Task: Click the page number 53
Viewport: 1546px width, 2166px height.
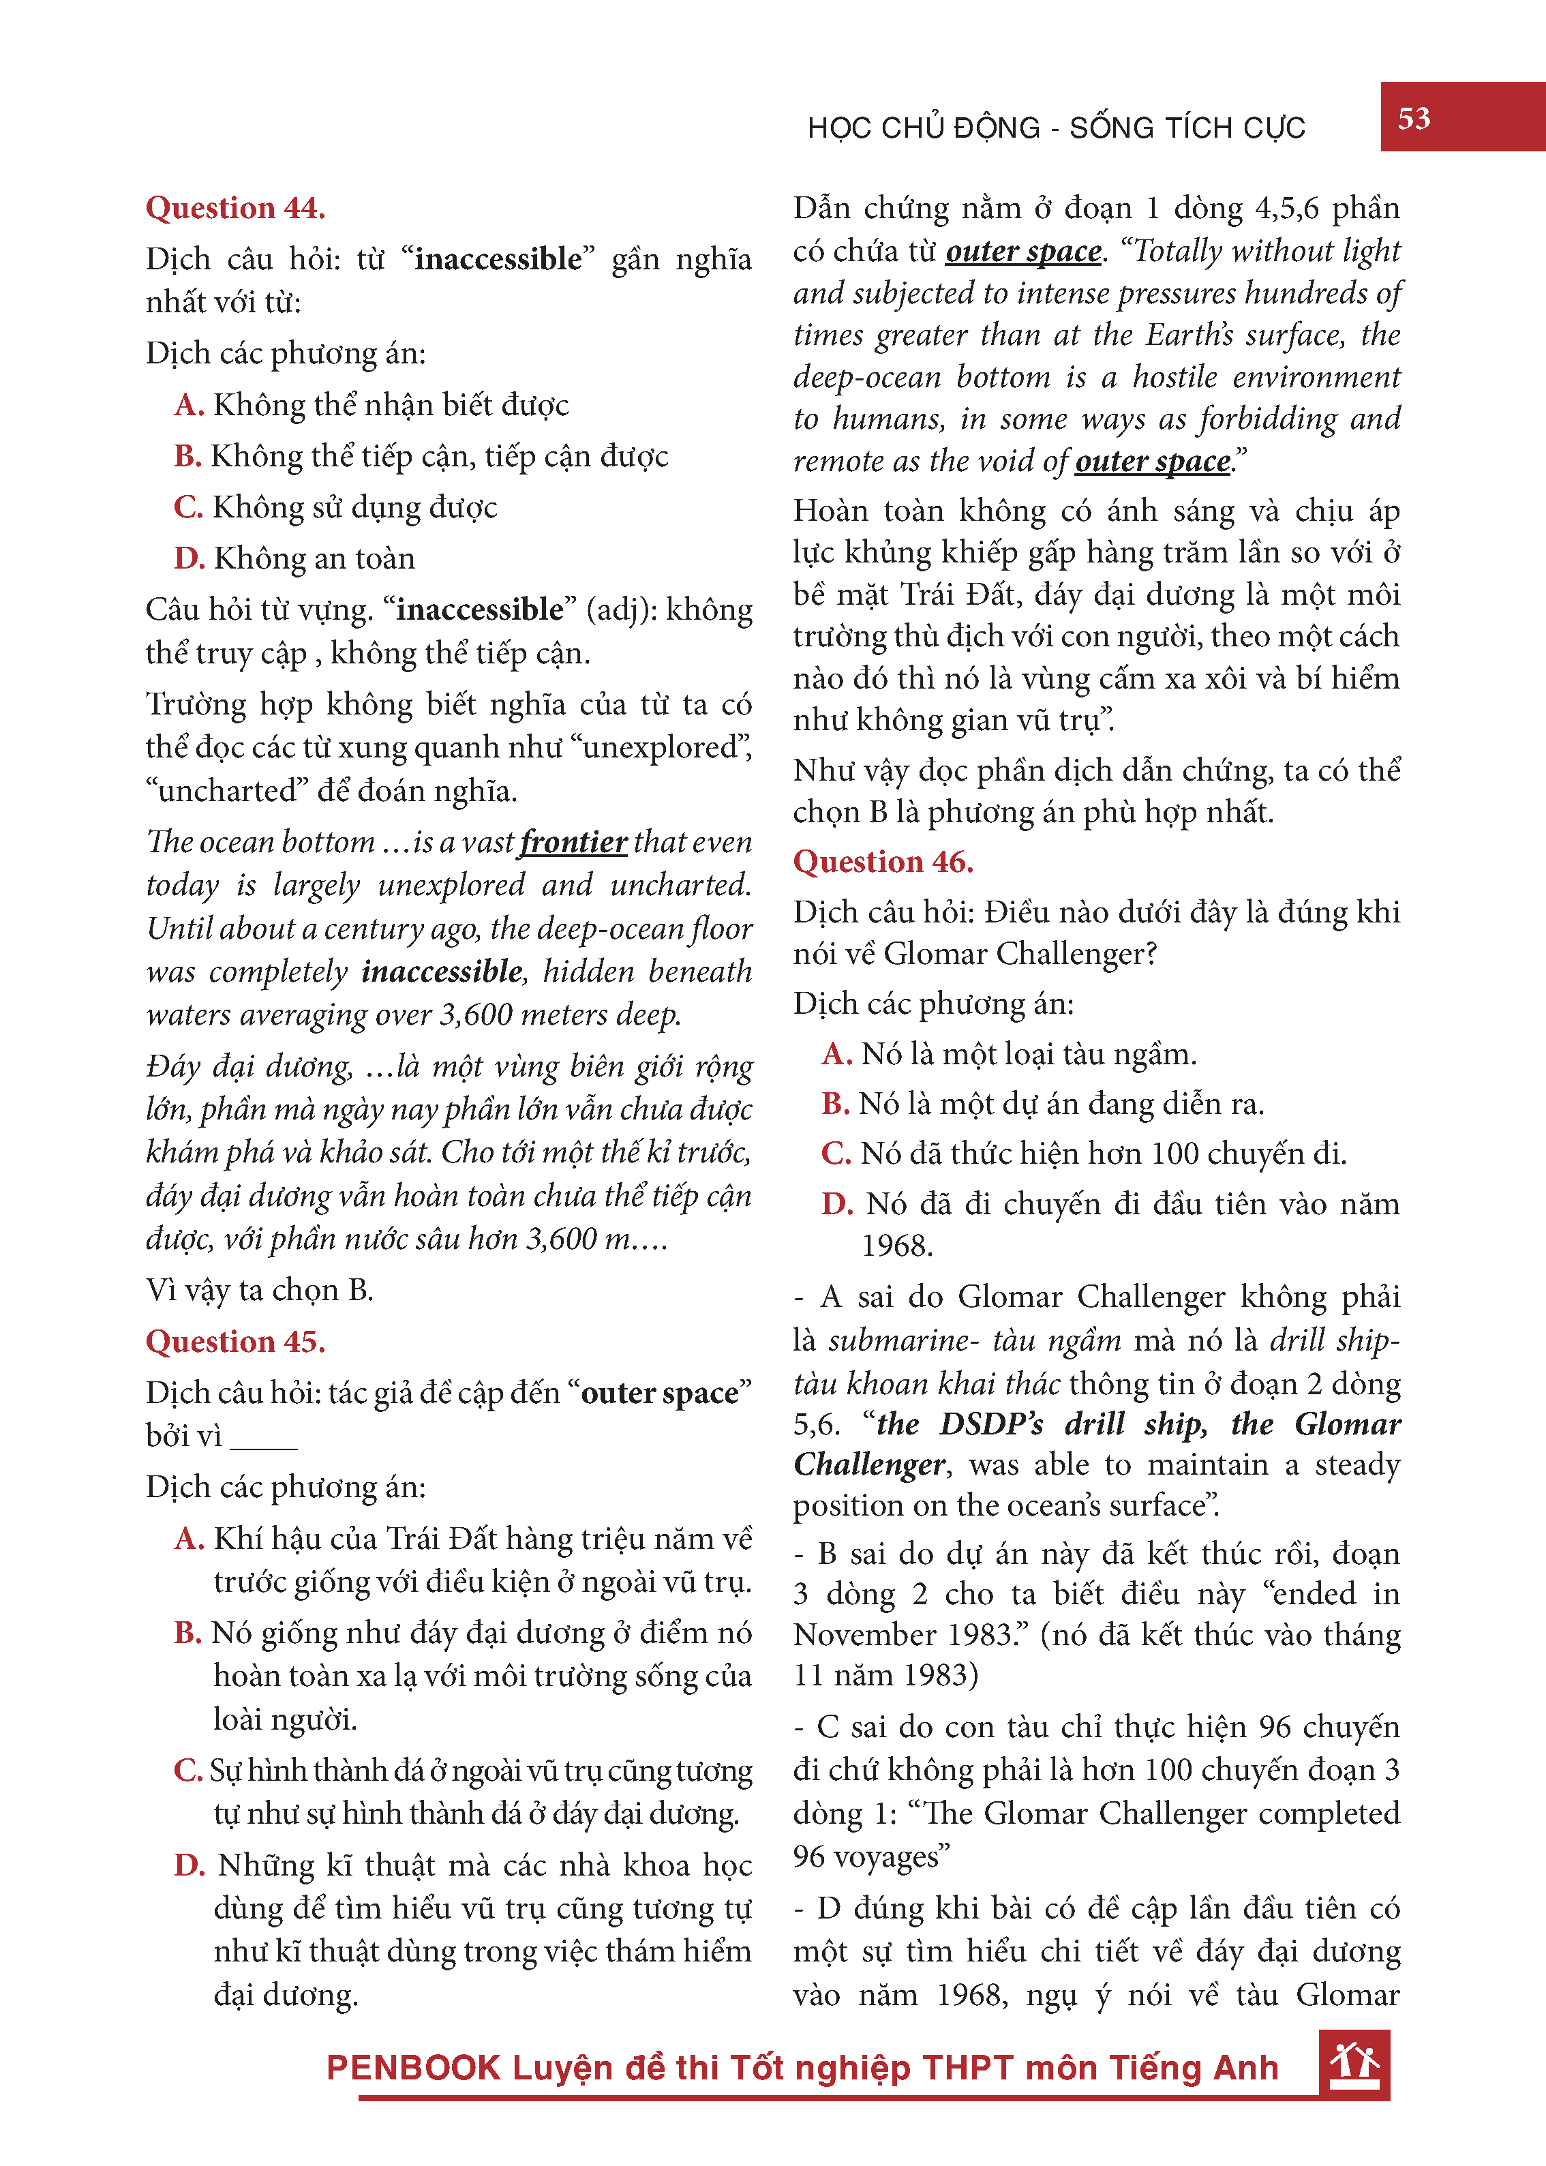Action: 1414,118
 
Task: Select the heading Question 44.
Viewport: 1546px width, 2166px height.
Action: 235,207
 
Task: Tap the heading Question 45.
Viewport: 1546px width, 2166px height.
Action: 235,1342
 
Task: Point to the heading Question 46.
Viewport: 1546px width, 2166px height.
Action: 883,862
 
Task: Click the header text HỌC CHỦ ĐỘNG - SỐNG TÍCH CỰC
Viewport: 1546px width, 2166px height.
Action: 1056,127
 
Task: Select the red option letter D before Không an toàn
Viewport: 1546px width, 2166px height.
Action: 190,558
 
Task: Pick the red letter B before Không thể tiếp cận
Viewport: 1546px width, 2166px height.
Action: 187,456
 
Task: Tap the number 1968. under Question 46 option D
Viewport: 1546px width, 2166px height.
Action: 897,1246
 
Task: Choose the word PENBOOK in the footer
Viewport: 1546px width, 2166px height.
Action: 413,2068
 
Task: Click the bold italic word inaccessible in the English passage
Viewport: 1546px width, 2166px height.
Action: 442,971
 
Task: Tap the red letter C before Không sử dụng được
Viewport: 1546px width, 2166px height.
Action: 189,507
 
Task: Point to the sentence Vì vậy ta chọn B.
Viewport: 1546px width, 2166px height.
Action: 259,1290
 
